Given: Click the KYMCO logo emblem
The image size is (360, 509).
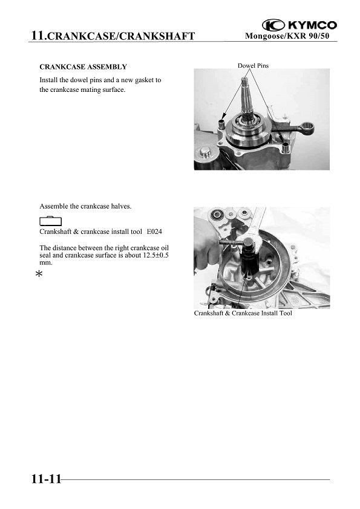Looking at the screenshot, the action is [x=273, y=25].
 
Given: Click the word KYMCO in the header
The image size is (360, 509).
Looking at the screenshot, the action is [x=313, y=25].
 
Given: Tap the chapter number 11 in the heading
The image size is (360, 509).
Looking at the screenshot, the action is [x=38, y=35].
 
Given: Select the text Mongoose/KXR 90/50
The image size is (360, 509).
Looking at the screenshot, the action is [x=287, y=36].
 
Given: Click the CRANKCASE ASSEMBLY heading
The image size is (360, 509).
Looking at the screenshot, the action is [x=83, y=67].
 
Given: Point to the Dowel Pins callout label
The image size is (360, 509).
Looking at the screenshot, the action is [x=253, y=65].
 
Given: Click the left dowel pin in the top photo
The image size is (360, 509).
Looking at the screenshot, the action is [x=221, y=124].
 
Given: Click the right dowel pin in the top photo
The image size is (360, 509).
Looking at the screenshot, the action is [x=286, y=148].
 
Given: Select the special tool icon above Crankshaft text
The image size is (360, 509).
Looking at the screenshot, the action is [x=50, y=221].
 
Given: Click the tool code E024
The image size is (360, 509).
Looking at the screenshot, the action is [x=154, y=232].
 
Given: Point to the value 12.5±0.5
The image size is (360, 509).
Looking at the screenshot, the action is [x=155, y=255].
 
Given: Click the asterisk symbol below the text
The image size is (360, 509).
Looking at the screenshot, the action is [x=39, y=274].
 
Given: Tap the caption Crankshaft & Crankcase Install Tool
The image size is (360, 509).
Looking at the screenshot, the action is [x=243, y=313].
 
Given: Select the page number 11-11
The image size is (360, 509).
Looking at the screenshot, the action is [x=46, y=479].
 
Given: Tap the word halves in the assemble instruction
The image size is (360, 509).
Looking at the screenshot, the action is [x=121, y=206].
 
